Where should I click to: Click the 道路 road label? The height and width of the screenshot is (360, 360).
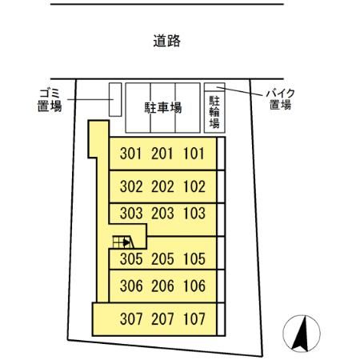[x=166, y=41]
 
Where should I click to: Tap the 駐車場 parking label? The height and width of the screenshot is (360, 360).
[x=162, y=106]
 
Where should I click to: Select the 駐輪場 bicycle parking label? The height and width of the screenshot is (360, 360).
[x=214, y=113]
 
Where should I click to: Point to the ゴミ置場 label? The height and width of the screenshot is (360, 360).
[x=50, y=99]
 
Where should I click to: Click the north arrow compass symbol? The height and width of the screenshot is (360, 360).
[x=302, y=333]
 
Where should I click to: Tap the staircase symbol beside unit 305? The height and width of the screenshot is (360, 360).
[x=122, y=240]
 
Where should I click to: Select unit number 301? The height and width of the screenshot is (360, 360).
[x=131, y=154]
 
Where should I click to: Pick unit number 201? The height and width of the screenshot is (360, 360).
[x=162, y=154]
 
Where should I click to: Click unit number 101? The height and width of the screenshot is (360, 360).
[x=194, y=154]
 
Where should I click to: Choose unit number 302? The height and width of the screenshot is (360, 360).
[x=131, y=187]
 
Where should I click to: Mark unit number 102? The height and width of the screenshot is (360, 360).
[x=194, y=187]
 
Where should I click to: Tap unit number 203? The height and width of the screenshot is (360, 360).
[x=162, y=214]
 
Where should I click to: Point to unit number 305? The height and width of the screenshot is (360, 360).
[x=131, y=259]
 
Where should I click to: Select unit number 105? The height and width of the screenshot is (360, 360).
[x=194, y=259]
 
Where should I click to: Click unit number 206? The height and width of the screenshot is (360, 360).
[x=162, y=286]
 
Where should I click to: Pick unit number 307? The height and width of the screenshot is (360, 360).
[x=131, y=318]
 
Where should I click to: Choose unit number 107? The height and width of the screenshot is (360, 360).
[x=194, y=318]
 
